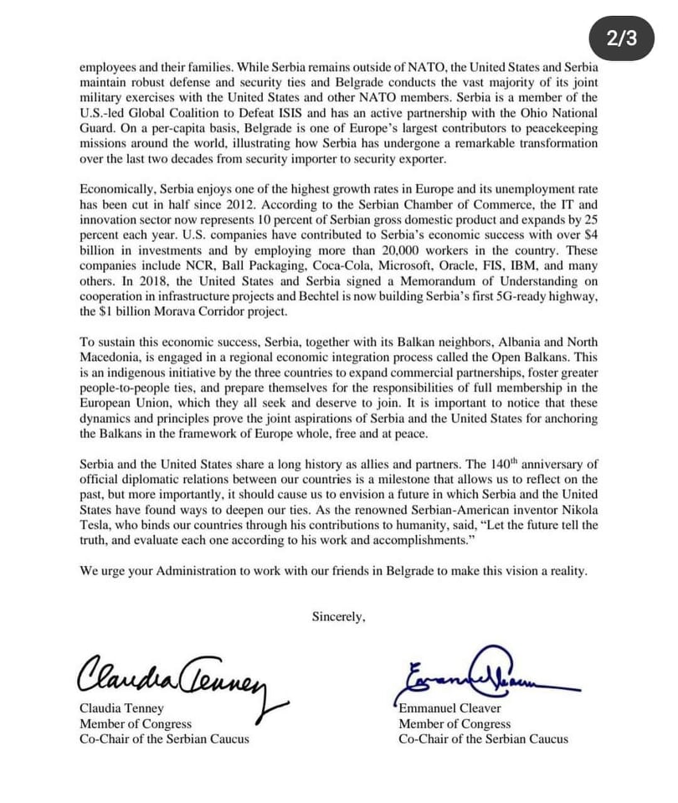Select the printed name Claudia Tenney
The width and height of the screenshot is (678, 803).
pyautogui.click(x=121, y=708)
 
